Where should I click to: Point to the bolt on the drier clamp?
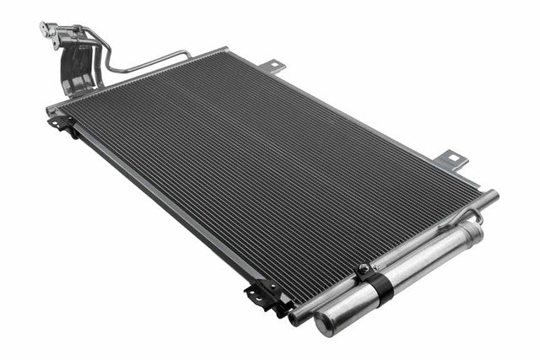point(363,271)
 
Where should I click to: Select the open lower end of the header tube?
point(294,318)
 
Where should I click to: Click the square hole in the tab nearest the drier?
point(454,156)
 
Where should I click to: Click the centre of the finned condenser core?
point(270,177)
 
